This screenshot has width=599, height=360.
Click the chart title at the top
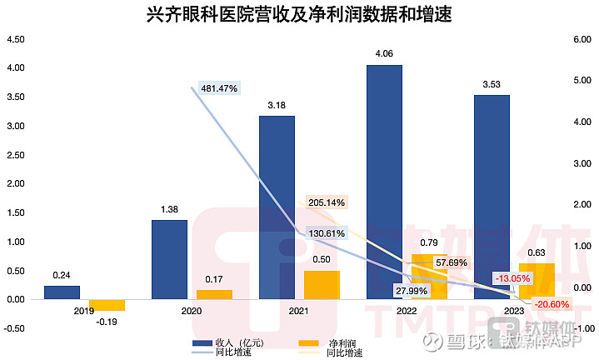coord(299,14)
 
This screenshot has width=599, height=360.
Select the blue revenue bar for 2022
coord(384,182)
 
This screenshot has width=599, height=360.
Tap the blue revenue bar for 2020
coord(170,259)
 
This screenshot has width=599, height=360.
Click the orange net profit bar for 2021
coord(322,285)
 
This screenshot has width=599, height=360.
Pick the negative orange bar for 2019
coord(107,305)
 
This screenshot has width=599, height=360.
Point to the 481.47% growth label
coord(219,88)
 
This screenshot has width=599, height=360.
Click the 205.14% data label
coord(327,202)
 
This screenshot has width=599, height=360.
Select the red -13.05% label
coord(512,278)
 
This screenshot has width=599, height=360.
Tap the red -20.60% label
coord(552,304)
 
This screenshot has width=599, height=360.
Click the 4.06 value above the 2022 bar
coord(384,53)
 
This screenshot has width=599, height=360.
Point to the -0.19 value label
coord(107,322)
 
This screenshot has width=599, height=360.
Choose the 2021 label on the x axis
coord(298,311)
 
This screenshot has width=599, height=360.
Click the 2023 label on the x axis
coord(514,311)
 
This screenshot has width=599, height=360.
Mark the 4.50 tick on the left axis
coord(16,39)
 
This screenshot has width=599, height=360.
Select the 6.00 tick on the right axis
coord(582,39)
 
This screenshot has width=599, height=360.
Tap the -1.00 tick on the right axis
coord(584,328)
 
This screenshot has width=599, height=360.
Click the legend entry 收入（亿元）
coord(228,342)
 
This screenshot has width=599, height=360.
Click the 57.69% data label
coord(452,262)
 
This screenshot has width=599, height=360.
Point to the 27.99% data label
coord(412,291)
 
